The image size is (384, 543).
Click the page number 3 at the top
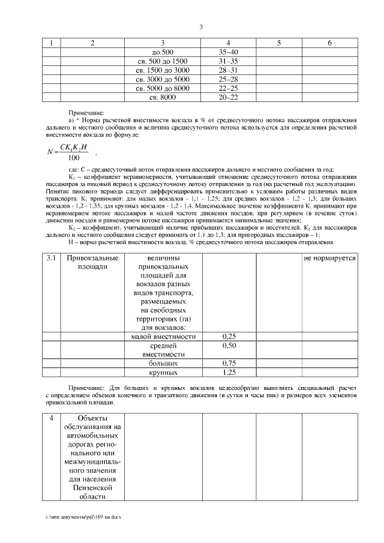[201, 26]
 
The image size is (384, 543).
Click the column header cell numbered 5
[279, 43]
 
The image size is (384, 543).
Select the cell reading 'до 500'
[163, 52]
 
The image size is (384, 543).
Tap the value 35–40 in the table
[229, 52]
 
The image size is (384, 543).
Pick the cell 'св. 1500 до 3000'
[163, 70]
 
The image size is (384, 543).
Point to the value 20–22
[229, 97]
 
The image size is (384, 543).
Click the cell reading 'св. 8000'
[163, 97]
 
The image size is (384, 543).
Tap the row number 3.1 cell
[52, 258]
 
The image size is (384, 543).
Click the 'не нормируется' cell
[329, 258]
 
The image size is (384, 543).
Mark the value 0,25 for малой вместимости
[229, 337]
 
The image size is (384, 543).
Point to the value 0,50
[229, 346]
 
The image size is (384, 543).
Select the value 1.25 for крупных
[229, 373]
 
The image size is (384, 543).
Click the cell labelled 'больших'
[163, 364]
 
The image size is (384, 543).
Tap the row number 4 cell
[52, 418]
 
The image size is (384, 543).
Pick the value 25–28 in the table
[229, 79]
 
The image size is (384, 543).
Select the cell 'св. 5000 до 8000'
[163, 88]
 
